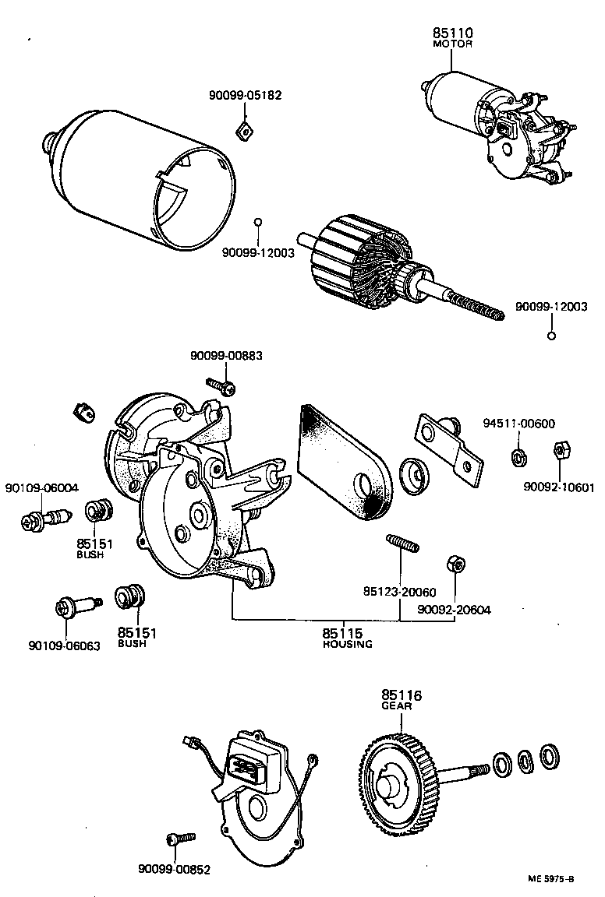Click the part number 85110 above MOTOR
click(453, 33)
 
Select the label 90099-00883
click(226, 356)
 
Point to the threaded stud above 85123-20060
click(402, 543)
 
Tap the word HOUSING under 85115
click(348, 645)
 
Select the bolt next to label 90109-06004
click(45, 517)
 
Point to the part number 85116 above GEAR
click(402, 695)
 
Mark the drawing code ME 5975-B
click(550, 879)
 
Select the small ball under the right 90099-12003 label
click(550, 336)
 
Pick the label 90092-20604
click(454, 610)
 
